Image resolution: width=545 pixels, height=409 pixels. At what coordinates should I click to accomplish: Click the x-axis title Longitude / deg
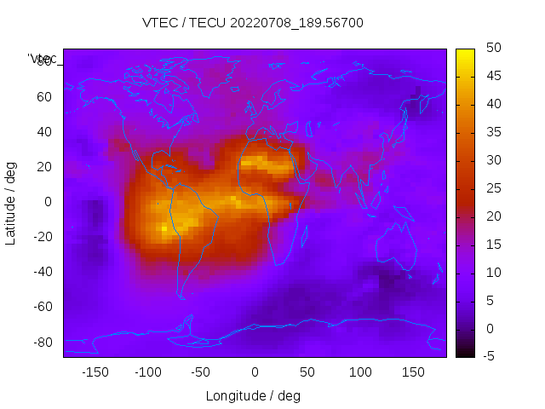253,395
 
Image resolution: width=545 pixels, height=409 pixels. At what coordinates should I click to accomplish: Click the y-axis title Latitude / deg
11,201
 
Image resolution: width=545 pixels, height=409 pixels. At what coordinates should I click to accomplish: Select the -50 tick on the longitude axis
201,372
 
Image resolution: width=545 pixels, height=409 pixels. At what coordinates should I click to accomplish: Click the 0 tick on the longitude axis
255,372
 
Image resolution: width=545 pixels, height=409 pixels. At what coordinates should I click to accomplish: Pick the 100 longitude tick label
360,372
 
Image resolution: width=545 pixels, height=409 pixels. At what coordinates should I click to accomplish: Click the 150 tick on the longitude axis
413,372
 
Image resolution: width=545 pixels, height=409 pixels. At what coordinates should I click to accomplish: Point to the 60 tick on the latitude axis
44,96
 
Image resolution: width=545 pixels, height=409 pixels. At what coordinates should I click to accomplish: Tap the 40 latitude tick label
44,131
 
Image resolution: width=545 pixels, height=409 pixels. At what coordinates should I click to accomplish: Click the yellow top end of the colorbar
465,53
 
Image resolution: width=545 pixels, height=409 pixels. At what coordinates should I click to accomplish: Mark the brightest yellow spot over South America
163,228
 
